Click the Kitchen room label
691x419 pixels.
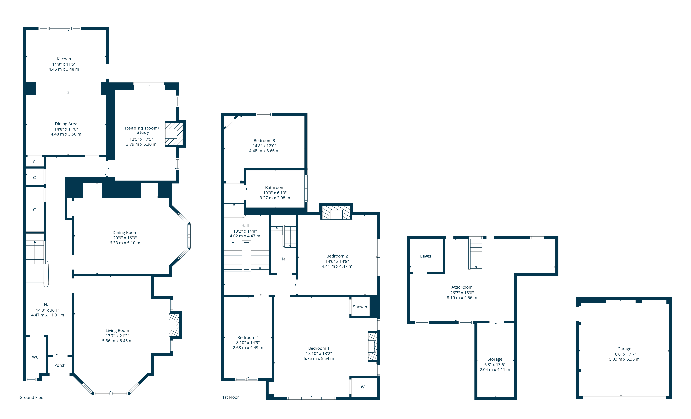[x=64, y=59]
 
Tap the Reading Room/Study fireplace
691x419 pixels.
[x=174, y=134]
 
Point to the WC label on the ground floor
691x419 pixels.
[x=35, y=357]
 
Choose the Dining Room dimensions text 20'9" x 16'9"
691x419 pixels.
[x=125, y=238]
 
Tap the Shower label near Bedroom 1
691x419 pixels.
[x=360, y=307]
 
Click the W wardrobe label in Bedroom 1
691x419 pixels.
[x=363, y=387]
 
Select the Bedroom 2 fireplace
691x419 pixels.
[x=336, y=213]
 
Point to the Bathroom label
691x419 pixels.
[x=275, y=187]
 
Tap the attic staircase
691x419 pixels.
[x=476, y=253]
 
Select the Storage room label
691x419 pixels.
[x=495, y=359]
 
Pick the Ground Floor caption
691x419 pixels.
[x=32, y=397]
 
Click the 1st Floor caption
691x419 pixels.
[x=230, y=397]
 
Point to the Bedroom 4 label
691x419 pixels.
[x=248, y=337]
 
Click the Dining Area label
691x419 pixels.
[x=66, y=124]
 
